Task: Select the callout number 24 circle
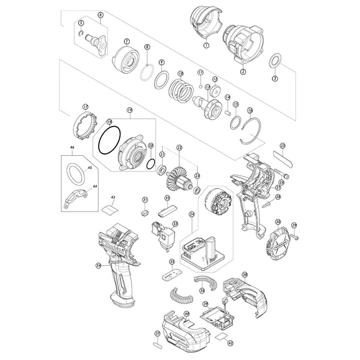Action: (x=192, y=215)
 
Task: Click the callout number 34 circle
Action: (x=97, y=266)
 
